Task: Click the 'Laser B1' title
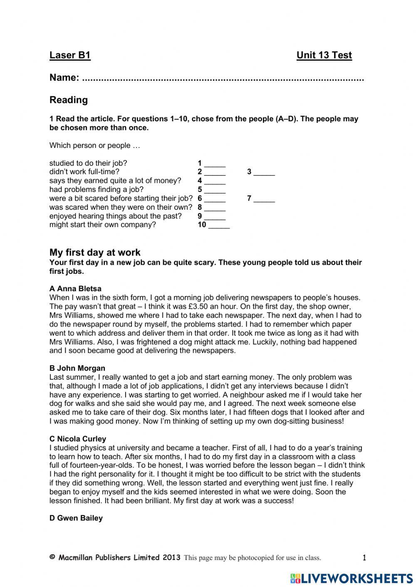[x=70, y=55]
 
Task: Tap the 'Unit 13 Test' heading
[x=324, y=55]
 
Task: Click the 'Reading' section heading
[x=69, y=100]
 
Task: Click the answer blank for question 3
[x=264, y=172]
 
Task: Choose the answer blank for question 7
[x=264, y=199]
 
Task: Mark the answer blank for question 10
[x=219, y=225]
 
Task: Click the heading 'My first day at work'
[x=95, y=253]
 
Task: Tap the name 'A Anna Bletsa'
[x=75, y=289]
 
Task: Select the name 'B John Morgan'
[x=77, y=368]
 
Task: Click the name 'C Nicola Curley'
[x=78, y=439]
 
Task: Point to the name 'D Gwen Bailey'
[x=76, y=518]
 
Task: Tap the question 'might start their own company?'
[x=103, y=225]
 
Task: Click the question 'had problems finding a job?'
[x=97, y=190]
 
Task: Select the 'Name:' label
[x=64, y=78]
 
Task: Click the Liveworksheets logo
[x=351, y=578]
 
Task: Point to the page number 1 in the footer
[x=364, y=558]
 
